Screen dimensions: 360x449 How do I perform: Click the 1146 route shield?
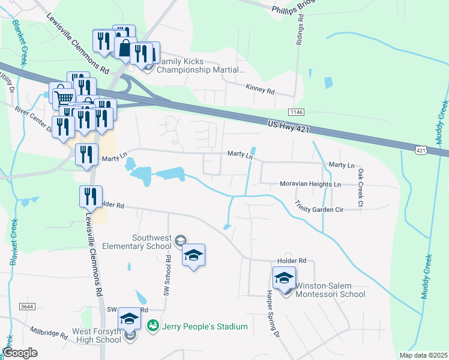tap(295, 112)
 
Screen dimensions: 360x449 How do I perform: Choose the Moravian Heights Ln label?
tap(310, 184)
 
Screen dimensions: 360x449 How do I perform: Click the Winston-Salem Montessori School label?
tap(330, 290)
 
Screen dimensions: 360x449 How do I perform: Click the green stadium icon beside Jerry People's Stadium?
tap(153, 325)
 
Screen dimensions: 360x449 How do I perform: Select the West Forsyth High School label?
tap(98, 335)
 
